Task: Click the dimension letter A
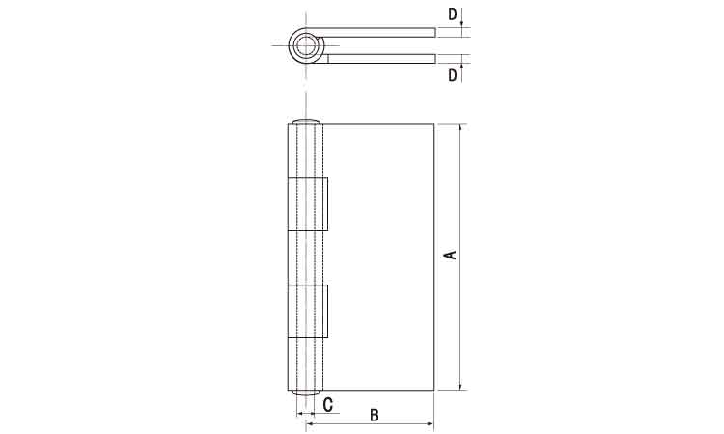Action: pos(451,255)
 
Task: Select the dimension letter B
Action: pos(375,415)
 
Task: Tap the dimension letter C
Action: pos(328,405)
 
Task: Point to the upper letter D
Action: pos(453,14)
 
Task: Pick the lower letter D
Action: pos(453,74)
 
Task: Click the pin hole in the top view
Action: pos(305,45)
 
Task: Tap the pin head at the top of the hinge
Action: pos(306,122)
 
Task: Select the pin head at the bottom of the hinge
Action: pos(306,393)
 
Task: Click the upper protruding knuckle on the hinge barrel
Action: pos(308,203)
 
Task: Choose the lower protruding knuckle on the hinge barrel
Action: pos(308,311)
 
